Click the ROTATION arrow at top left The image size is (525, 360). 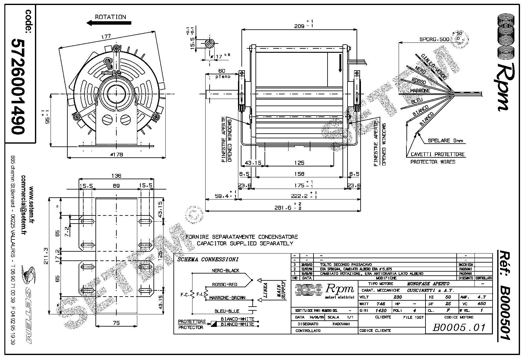coord(109,23)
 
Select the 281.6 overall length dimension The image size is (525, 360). coord(282,207)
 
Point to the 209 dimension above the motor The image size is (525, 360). coord(299,27)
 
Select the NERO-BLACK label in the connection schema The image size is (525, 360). coord(225,270)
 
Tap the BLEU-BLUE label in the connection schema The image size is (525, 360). coord(227,311)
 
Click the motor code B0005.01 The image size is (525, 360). coord(459,327)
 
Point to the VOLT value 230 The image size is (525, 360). coord(397,297)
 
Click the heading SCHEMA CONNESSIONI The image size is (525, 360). coord(207,259)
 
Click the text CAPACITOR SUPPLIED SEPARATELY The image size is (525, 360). coord(245,243)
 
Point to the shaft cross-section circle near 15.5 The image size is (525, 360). coord(210,44)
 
